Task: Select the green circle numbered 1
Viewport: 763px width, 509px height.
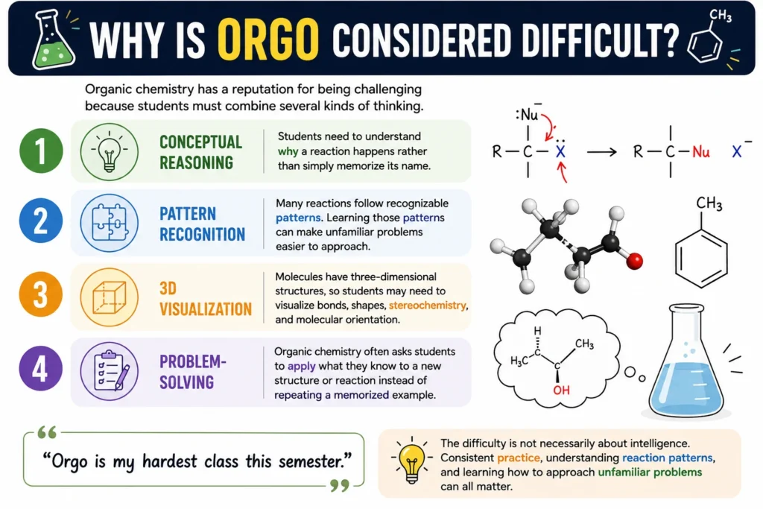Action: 41,151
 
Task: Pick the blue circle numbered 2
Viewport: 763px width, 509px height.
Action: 41,221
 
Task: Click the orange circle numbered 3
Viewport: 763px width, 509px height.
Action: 41,294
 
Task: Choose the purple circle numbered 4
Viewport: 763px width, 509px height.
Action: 41,368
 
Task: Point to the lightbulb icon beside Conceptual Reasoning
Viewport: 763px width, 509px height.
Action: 109,152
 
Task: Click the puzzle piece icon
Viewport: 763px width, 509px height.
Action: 110,222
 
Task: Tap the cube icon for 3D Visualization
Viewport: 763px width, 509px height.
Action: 110,297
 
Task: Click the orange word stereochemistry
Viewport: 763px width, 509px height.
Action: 427,306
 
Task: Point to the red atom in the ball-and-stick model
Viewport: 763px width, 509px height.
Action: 634,261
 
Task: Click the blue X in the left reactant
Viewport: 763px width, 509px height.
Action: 560,152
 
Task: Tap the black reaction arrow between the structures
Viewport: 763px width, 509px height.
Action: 601,152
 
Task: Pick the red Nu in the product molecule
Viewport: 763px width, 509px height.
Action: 700,152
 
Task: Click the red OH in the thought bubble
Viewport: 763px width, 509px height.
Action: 561,390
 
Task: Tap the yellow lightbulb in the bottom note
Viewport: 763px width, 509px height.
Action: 411,462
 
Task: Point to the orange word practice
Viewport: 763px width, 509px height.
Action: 519,458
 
